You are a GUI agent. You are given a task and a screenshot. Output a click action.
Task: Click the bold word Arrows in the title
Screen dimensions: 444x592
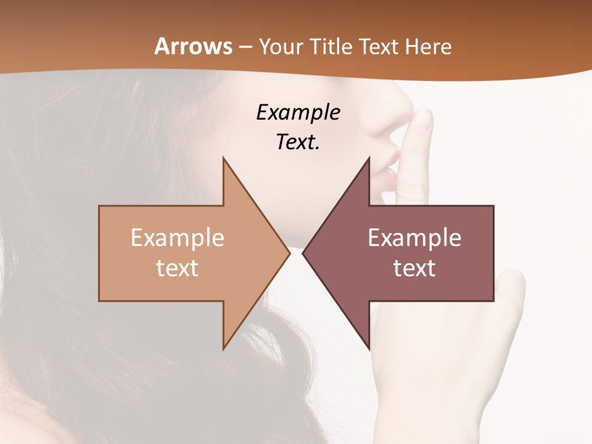193,46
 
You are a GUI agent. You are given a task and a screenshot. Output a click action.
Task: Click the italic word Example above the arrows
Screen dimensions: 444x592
298,113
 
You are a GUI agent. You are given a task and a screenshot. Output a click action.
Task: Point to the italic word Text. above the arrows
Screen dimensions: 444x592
298,142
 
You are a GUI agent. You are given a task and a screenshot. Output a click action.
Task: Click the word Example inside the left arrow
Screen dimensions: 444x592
178,238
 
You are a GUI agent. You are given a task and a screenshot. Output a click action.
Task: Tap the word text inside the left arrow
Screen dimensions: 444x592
178,268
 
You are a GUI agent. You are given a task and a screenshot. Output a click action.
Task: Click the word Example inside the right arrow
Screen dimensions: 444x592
414,238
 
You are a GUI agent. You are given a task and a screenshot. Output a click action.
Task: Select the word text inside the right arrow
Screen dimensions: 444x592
414,268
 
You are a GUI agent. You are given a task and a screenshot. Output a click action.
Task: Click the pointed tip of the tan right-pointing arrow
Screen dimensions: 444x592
289,253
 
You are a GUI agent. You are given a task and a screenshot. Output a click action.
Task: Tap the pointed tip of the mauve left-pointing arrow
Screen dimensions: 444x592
303,253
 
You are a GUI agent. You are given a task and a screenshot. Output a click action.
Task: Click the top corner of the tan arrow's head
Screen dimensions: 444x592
223,158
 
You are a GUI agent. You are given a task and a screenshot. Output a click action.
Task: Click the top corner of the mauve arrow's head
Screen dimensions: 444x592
369,158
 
